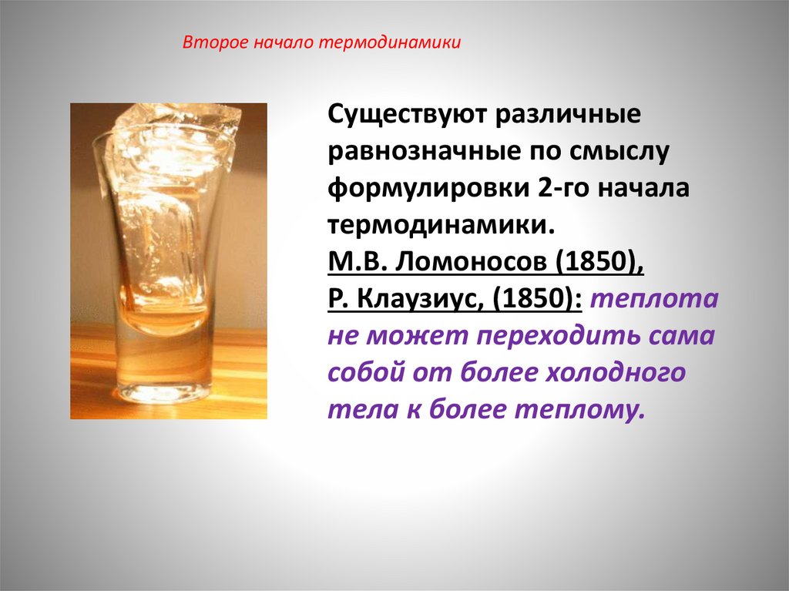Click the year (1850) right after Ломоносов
596,260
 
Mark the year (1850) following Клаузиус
539,298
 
